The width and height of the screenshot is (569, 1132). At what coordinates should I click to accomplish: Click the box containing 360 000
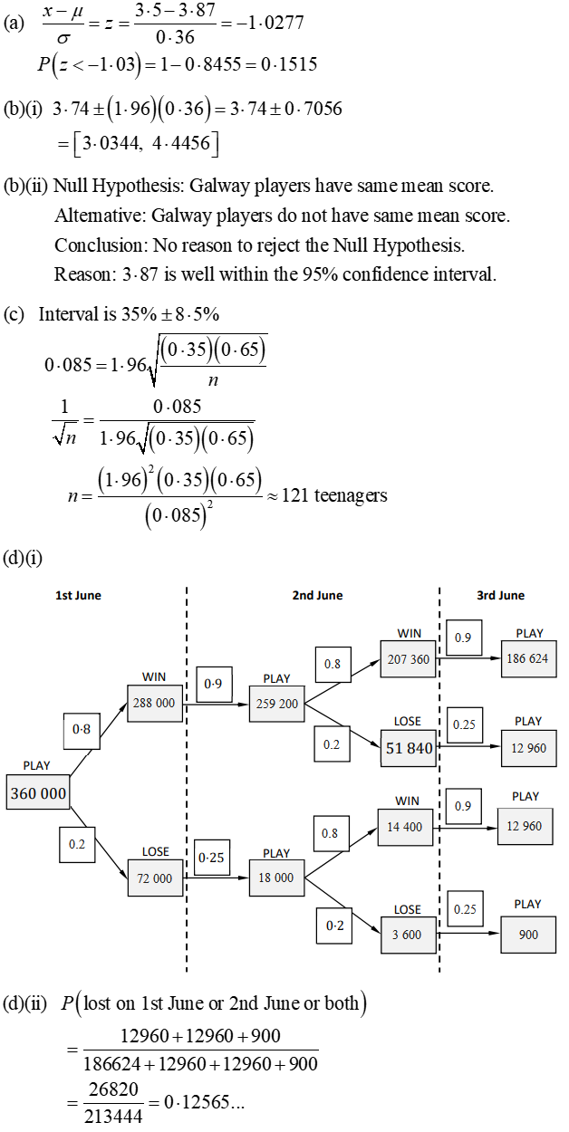coord(38,793)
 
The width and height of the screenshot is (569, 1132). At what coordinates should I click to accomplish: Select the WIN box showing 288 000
coord(156,703)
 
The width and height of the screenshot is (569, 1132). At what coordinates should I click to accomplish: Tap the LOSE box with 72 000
coord(156,878)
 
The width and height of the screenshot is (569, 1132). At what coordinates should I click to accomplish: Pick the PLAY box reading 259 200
coord(276,703)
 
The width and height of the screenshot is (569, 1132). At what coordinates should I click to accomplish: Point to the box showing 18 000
coord(276,878)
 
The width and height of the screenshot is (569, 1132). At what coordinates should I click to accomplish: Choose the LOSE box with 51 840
coord(408,748)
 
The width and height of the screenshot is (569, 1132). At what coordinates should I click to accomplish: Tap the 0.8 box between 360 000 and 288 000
coord(82,727)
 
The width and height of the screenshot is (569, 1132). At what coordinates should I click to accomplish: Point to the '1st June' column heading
coord(79,595)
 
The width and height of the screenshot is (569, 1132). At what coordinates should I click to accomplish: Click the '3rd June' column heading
coord(500,595)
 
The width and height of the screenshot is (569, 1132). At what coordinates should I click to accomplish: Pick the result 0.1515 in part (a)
coord(287,64)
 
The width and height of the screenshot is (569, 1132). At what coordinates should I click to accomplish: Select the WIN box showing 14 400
coord(406,827)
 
